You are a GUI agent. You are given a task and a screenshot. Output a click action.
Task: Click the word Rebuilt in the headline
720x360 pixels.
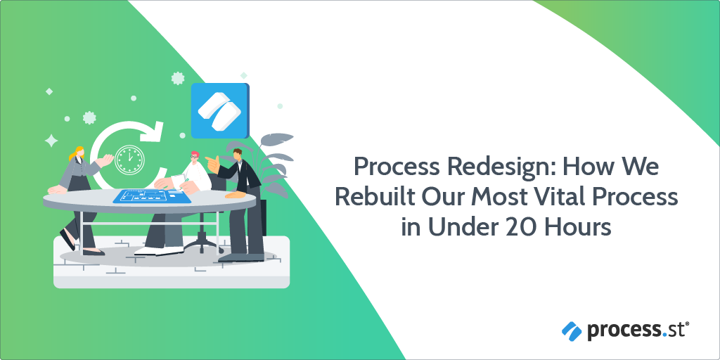[x=370, y=198]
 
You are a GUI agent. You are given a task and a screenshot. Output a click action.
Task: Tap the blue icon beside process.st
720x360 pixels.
[x=571, y=331]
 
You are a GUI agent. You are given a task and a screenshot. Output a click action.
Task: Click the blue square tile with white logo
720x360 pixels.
[x=220, y=110]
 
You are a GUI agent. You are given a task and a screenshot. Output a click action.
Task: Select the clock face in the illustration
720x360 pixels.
[x=129, y=160]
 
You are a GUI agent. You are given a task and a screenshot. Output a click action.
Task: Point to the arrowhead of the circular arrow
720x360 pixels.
[x=153, y=131]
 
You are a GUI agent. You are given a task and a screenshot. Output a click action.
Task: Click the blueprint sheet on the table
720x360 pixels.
[x=152, y=196]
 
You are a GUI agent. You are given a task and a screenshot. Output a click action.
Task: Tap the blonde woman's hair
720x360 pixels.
[x=77, y=153]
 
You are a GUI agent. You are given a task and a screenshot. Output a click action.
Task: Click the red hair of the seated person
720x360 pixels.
[x=195, y=154]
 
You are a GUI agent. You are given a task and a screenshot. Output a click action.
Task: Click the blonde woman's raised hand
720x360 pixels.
[x=107, y=159]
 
